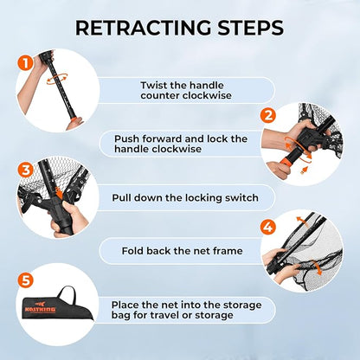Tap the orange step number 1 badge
[25, 62]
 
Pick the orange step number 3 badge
[25, 170]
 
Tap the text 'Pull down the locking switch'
[185, 197]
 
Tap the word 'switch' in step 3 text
[241, 197]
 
